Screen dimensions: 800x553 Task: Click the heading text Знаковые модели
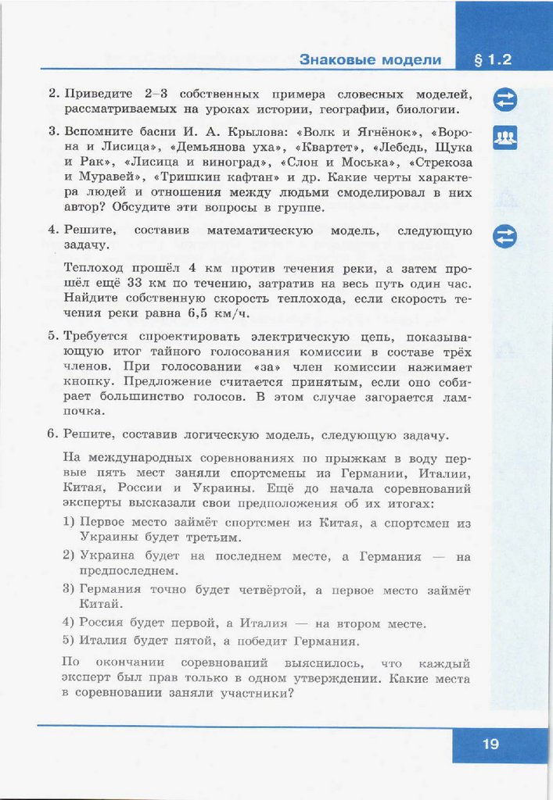(x=370, y=59)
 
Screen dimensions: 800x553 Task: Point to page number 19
(x=490, y=744)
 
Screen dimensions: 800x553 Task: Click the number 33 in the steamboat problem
(x=135, y=282)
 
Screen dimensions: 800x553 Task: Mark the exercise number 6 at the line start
(x=52, y=434)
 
